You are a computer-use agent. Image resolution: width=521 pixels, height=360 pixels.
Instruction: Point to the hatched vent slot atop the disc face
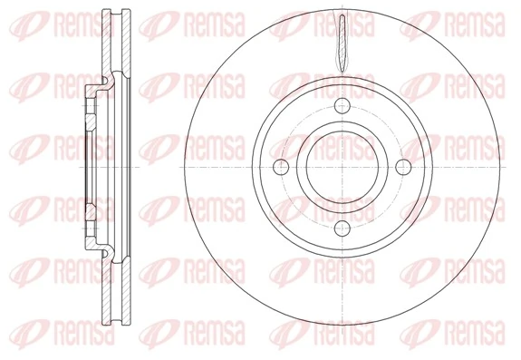tap(341, 44)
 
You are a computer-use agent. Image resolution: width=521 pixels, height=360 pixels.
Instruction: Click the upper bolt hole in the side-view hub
tap(91, 113)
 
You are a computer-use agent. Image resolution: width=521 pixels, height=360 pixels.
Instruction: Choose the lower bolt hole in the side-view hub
tap(91, 210)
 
